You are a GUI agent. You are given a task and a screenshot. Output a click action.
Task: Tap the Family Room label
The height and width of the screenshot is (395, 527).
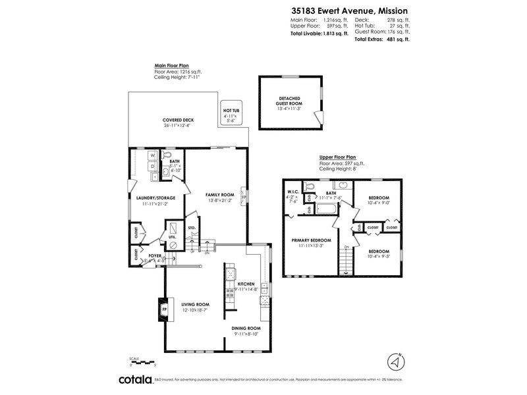(220, 195)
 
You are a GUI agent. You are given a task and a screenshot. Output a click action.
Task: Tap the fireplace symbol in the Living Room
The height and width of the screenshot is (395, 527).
(161, 307)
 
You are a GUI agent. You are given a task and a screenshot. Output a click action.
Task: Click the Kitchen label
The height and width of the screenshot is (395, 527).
(247, 284)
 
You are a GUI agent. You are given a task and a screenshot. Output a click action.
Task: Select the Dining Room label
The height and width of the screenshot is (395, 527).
(246, 328)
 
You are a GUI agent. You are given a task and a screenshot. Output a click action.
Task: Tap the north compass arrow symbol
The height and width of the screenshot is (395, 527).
(394, 362)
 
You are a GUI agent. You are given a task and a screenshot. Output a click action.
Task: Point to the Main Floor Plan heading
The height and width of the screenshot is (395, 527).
(172, 66)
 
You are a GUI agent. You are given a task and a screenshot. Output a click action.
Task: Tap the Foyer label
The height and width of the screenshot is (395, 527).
(155, 255)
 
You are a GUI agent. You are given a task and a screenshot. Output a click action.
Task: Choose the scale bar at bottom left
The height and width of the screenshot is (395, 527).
(144, 363)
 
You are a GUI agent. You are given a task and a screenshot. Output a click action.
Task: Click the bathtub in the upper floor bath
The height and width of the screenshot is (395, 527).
(326, 210)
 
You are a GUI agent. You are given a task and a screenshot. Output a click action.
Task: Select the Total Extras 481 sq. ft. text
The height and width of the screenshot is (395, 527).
(382, 39)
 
